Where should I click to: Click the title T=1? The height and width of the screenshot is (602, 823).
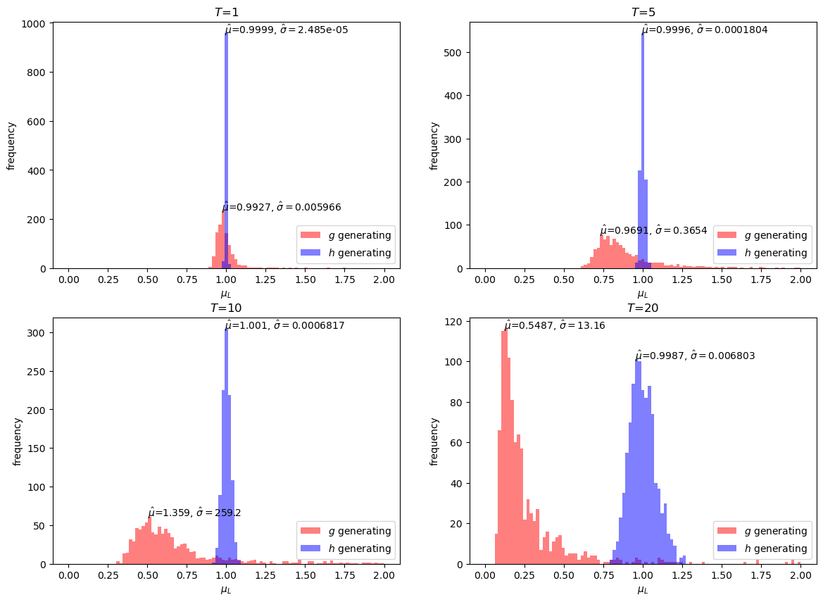[x=226, y=12]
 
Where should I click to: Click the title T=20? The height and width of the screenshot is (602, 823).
[x=642, y=308]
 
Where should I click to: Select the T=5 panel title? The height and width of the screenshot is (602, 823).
[x=642, y=12]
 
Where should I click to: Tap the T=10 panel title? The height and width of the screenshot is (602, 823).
[x=226, y=308]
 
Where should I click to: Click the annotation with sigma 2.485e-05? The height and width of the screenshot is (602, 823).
[x=287, y=30]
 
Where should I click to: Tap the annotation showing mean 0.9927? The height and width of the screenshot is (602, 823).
[x=282, y=208]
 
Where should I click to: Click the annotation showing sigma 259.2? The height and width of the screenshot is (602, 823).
[x=194, y=513]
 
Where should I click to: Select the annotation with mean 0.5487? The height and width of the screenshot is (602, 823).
[x=554, y=326]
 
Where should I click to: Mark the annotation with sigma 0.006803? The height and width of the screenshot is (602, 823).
[x=695, y=356]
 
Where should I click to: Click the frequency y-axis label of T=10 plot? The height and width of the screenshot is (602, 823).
[x=17, y=441]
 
